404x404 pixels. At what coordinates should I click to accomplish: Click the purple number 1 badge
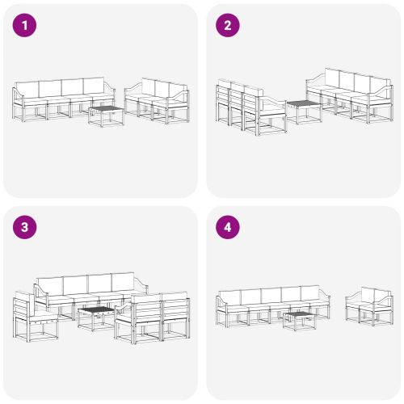pos(26,26)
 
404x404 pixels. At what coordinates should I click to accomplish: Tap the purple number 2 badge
pos(228,26)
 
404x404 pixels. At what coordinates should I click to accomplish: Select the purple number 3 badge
pos(26,228)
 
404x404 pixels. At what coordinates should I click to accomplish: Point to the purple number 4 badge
pos(228,228)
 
